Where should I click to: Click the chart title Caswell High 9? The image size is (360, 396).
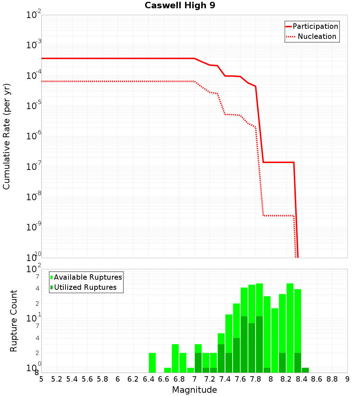click(x=180, y=6)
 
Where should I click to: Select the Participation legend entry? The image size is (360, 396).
click(x=315, y=26)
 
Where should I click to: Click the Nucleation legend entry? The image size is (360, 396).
click(x=317, y=36)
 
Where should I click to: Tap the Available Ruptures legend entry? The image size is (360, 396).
click(x=88, y=277)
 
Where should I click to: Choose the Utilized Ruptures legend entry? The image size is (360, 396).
click(x=85, y=287)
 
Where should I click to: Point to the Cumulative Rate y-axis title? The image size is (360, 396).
click(x=6, y=136)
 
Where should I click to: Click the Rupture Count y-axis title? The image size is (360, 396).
click(x=14, y=320)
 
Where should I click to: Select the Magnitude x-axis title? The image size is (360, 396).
click(x=194, y=390)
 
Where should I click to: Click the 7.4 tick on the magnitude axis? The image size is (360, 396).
click(x=225, y=379)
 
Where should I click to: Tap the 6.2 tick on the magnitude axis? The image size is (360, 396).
click(x=133, y=379)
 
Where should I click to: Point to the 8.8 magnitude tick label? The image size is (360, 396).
click(x=332, y=379)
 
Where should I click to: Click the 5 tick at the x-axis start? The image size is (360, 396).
click(x=41, y=379)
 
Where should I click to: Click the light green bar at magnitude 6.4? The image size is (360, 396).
click(x=152, y=363)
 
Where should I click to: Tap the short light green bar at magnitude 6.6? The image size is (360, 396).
click(x=167, y=370)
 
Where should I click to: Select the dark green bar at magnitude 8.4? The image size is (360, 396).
click(x=305, y=370)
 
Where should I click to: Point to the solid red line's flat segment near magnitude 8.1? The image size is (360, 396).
click(x=279, y=162)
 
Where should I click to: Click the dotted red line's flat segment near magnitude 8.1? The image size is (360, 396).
click(x=279, y=216)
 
